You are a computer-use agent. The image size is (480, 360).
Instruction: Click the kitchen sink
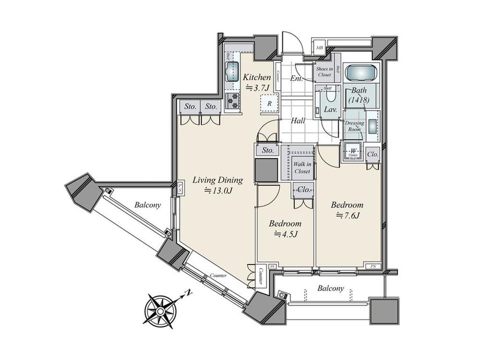[x=231, y=71]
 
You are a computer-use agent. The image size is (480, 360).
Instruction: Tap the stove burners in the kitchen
[x=231, y=100]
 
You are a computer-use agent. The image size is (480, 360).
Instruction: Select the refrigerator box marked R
[x=269, y=103]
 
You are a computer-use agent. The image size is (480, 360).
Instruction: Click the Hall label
[x=298, y=121]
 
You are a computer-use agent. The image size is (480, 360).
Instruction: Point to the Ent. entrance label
[x=297, y=79]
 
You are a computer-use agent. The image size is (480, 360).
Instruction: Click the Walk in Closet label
[x=302, y=167]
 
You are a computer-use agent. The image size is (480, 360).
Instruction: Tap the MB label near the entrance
[x=319, y=49]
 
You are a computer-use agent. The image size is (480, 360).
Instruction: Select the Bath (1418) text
[x=359, y=95]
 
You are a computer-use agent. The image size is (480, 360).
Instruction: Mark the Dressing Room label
[x=355, y=126]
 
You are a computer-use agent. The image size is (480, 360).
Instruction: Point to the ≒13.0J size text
[x=218, y=191]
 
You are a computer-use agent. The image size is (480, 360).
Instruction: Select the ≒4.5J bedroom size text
[x=284, y=234]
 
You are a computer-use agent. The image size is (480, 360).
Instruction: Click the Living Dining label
[x=218, y=181]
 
